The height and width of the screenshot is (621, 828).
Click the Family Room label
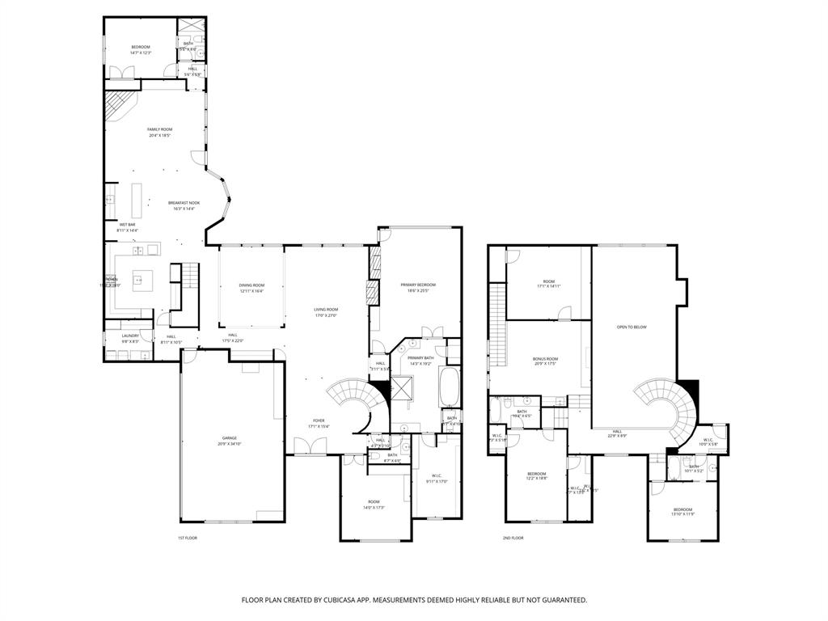pos(159,129)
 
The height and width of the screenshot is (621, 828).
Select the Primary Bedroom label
pos(418,285)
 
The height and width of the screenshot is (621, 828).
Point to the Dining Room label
pos(251,285)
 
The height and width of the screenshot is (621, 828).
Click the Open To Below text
pos(632,327)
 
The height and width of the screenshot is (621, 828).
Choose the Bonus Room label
pos(545,358)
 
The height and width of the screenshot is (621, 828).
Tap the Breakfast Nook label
pos(184,203)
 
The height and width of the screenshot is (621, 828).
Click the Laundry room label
pos(130,336)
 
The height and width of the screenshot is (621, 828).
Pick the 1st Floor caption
pos(188,538)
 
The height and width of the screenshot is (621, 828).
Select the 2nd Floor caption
pos(513,538)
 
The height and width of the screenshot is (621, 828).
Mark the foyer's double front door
pos(310,446)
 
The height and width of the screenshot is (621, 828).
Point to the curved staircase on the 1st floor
pos(352,399)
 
